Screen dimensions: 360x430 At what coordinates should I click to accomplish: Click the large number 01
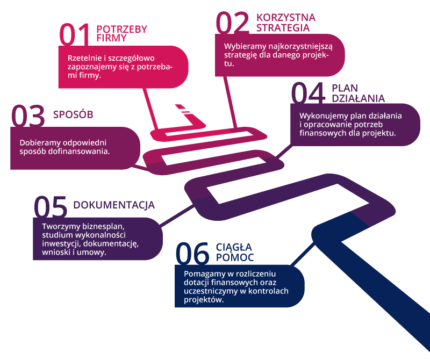point(75,34)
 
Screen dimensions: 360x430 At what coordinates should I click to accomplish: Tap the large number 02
point(232,23)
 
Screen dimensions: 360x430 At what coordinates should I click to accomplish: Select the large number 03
point(28,115)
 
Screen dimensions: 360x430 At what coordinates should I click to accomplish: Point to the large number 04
point(308,93)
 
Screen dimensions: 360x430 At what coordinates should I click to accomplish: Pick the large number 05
point(51,206)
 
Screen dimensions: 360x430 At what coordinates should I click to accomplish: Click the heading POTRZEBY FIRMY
point(121,33)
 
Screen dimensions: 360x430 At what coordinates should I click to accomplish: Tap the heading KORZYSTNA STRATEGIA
point(286,23)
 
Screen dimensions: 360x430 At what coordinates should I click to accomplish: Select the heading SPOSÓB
point(73,114)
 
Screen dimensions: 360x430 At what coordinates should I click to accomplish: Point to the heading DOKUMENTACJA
point(114,205)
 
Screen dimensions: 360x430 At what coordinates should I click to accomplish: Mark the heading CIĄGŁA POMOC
point(234,253)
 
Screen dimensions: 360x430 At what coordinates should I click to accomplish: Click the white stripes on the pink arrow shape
point(186,111)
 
